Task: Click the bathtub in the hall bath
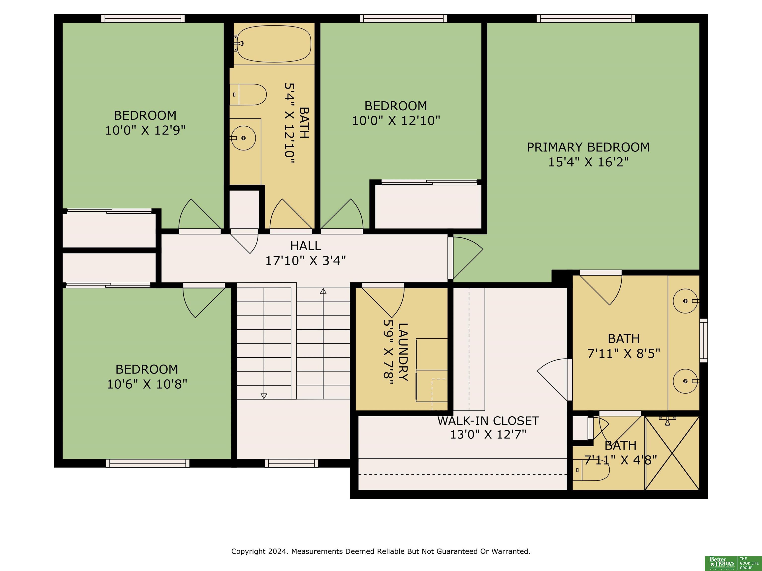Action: click(274, 44)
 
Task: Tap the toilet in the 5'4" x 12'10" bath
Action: click(248, 94)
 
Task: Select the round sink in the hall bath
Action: click(243, 138)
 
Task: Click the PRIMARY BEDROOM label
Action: click(588, 147)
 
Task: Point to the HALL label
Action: click(306, 246)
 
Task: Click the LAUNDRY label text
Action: click(403, 352)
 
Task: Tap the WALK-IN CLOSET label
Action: click(488, 421)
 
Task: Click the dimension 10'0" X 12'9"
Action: click(145, 130)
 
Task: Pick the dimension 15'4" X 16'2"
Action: click(588, 162)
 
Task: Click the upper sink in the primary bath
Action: click(685, 301)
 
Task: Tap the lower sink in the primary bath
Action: click(685, 381)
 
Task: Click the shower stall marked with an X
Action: click(672, 453)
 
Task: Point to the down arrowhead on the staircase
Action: click(264, 396)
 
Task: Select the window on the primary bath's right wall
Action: click(703, 341)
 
